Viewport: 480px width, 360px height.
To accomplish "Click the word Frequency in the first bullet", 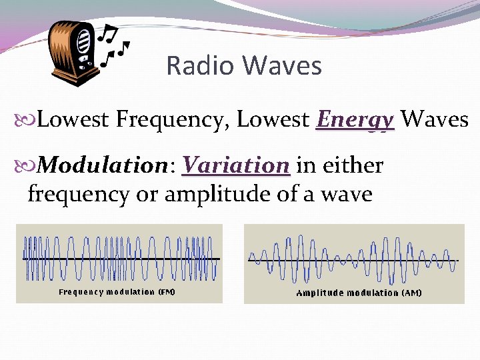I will point(173,121).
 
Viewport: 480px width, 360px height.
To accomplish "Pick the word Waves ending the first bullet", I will point(435,120).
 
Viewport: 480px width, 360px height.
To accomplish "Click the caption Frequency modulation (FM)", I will point(117,292).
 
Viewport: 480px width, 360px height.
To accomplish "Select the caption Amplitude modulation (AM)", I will point(359,293).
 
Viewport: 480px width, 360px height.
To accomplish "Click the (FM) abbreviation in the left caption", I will point(166,292).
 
